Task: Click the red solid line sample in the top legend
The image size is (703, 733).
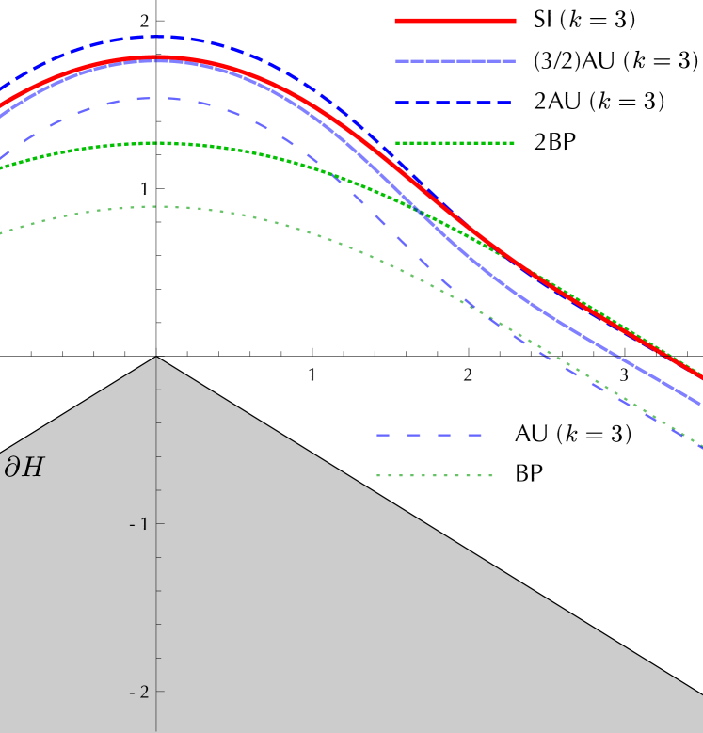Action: [455, 20]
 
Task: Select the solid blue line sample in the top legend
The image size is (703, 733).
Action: [455, 61]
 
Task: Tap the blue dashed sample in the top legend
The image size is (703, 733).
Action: [454, 102]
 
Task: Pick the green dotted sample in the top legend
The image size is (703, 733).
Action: [455, 143]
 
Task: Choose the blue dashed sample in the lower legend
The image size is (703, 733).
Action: [429, 435]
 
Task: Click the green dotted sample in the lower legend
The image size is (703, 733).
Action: [435, 475]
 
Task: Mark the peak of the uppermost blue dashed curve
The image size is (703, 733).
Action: [155, 37]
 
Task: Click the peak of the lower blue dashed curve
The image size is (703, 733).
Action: [155, 98]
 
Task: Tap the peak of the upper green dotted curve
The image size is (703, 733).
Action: [158, 143]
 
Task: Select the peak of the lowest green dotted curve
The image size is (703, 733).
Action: [162, 206]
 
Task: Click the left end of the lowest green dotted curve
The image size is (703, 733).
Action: [2, 232]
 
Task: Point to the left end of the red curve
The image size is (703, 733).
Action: [2, 104]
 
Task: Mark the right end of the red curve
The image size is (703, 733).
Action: [701, 377]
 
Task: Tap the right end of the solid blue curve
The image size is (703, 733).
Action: [701, 405]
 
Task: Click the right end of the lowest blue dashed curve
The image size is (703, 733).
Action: [701, 448]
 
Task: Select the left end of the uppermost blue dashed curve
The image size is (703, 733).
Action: [2, 88]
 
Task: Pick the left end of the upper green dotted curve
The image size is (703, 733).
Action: [2, 168]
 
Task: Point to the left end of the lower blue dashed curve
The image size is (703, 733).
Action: [2, 156]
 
